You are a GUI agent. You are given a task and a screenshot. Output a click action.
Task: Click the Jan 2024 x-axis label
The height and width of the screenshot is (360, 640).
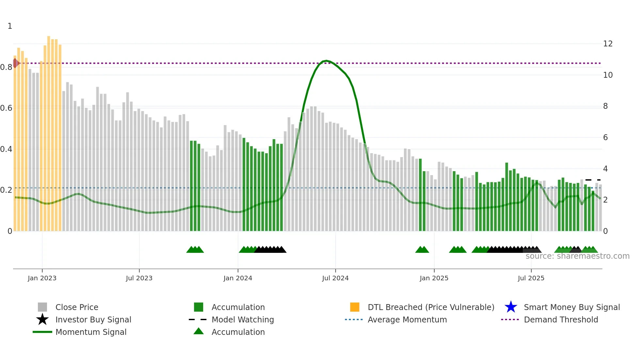tap(238, 278)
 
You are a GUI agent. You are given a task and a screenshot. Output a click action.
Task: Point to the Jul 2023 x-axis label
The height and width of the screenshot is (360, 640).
tap(139, 278)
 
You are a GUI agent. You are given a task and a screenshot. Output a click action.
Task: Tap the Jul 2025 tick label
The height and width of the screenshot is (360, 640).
tap(531, 278)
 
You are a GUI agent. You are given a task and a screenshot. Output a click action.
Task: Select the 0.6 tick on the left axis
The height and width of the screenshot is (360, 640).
tap(6, 108)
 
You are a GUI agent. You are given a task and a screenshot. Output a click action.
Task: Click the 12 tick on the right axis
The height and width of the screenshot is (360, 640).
tap(608, 44)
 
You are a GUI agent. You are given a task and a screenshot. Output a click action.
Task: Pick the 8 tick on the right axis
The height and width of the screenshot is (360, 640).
tap(605, 106)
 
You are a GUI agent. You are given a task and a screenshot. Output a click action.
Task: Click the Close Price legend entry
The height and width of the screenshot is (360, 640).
tap(77, 307)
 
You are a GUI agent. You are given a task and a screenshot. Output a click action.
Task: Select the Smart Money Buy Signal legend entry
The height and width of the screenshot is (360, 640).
tap(571, 307)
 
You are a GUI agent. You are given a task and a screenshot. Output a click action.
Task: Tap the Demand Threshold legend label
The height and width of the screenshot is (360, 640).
tap(561, 319)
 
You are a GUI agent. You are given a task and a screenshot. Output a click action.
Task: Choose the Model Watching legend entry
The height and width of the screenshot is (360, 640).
tap(243, 319)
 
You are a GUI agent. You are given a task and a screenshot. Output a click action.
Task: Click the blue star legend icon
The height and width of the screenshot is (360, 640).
tap(511, 307)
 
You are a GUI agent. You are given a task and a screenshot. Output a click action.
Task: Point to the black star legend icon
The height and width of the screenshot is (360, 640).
tap(42, 319)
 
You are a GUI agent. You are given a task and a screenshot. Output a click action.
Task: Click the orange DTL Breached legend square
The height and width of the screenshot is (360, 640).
tap(355, 307)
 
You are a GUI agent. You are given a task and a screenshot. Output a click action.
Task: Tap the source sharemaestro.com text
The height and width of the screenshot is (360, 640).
tap(577, 256)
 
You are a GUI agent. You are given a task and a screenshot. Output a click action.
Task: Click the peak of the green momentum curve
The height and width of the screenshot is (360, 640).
tap(326, 61)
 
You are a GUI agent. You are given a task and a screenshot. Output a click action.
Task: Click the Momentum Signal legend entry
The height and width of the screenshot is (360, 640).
tap(91, 332)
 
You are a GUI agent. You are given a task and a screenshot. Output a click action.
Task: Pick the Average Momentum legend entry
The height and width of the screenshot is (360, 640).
tap(407, 319)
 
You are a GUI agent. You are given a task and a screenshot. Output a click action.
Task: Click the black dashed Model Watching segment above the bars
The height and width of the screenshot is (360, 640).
tap(593, 180)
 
